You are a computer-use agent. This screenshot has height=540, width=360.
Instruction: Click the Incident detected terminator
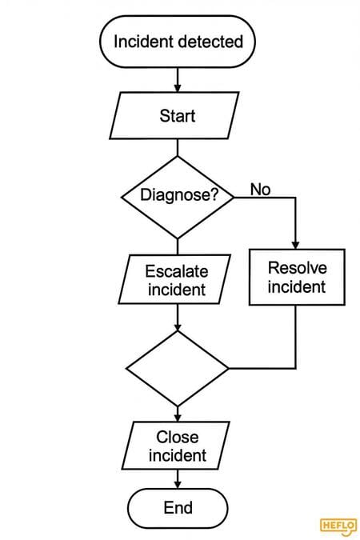click(178, 42)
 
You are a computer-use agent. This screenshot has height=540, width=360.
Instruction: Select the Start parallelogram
click(174, 115)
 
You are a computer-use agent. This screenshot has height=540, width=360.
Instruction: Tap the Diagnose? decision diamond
click(178, 198)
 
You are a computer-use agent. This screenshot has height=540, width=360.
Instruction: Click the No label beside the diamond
click(261, 190)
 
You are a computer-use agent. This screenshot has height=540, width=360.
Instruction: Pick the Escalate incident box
click(174, 279)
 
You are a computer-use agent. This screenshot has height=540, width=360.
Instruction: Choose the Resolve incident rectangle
click(297, 278)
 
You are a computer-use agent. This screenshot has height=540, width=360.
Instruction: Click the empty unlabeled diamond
click(178, 369)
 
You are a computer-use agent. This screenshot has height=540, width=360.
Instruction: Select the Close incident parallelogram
click(176, 446)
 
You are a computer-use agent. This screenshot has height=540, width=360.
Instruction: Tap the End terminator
click(178, 508)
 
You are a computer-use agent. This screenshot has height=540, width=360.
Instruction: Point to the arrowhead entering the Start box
click(178, 88)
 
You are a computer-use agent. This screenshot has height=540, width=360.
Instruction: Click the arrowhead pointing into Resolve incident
click(295, 245)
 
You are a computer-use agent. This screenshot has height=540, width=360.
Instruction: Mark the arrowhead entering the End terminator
click(178, 484)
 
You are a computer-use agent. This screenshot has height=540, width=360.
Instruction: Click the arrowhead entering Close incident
click(178, 417)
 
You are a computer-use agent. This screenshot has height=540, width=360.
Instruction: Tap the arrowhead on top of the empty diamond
click(178, 326)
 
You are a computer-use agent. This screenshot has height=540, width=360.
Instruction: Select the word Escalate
click(177, 271)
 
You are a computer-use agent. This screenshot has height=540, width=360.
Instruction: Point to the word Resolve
click(298, 268)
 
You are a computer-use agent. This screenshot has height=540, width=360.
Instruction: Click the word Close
click(178, 437)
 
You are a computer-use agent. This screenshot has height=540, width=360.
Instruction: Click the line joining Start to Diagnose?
click(178, 148)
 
